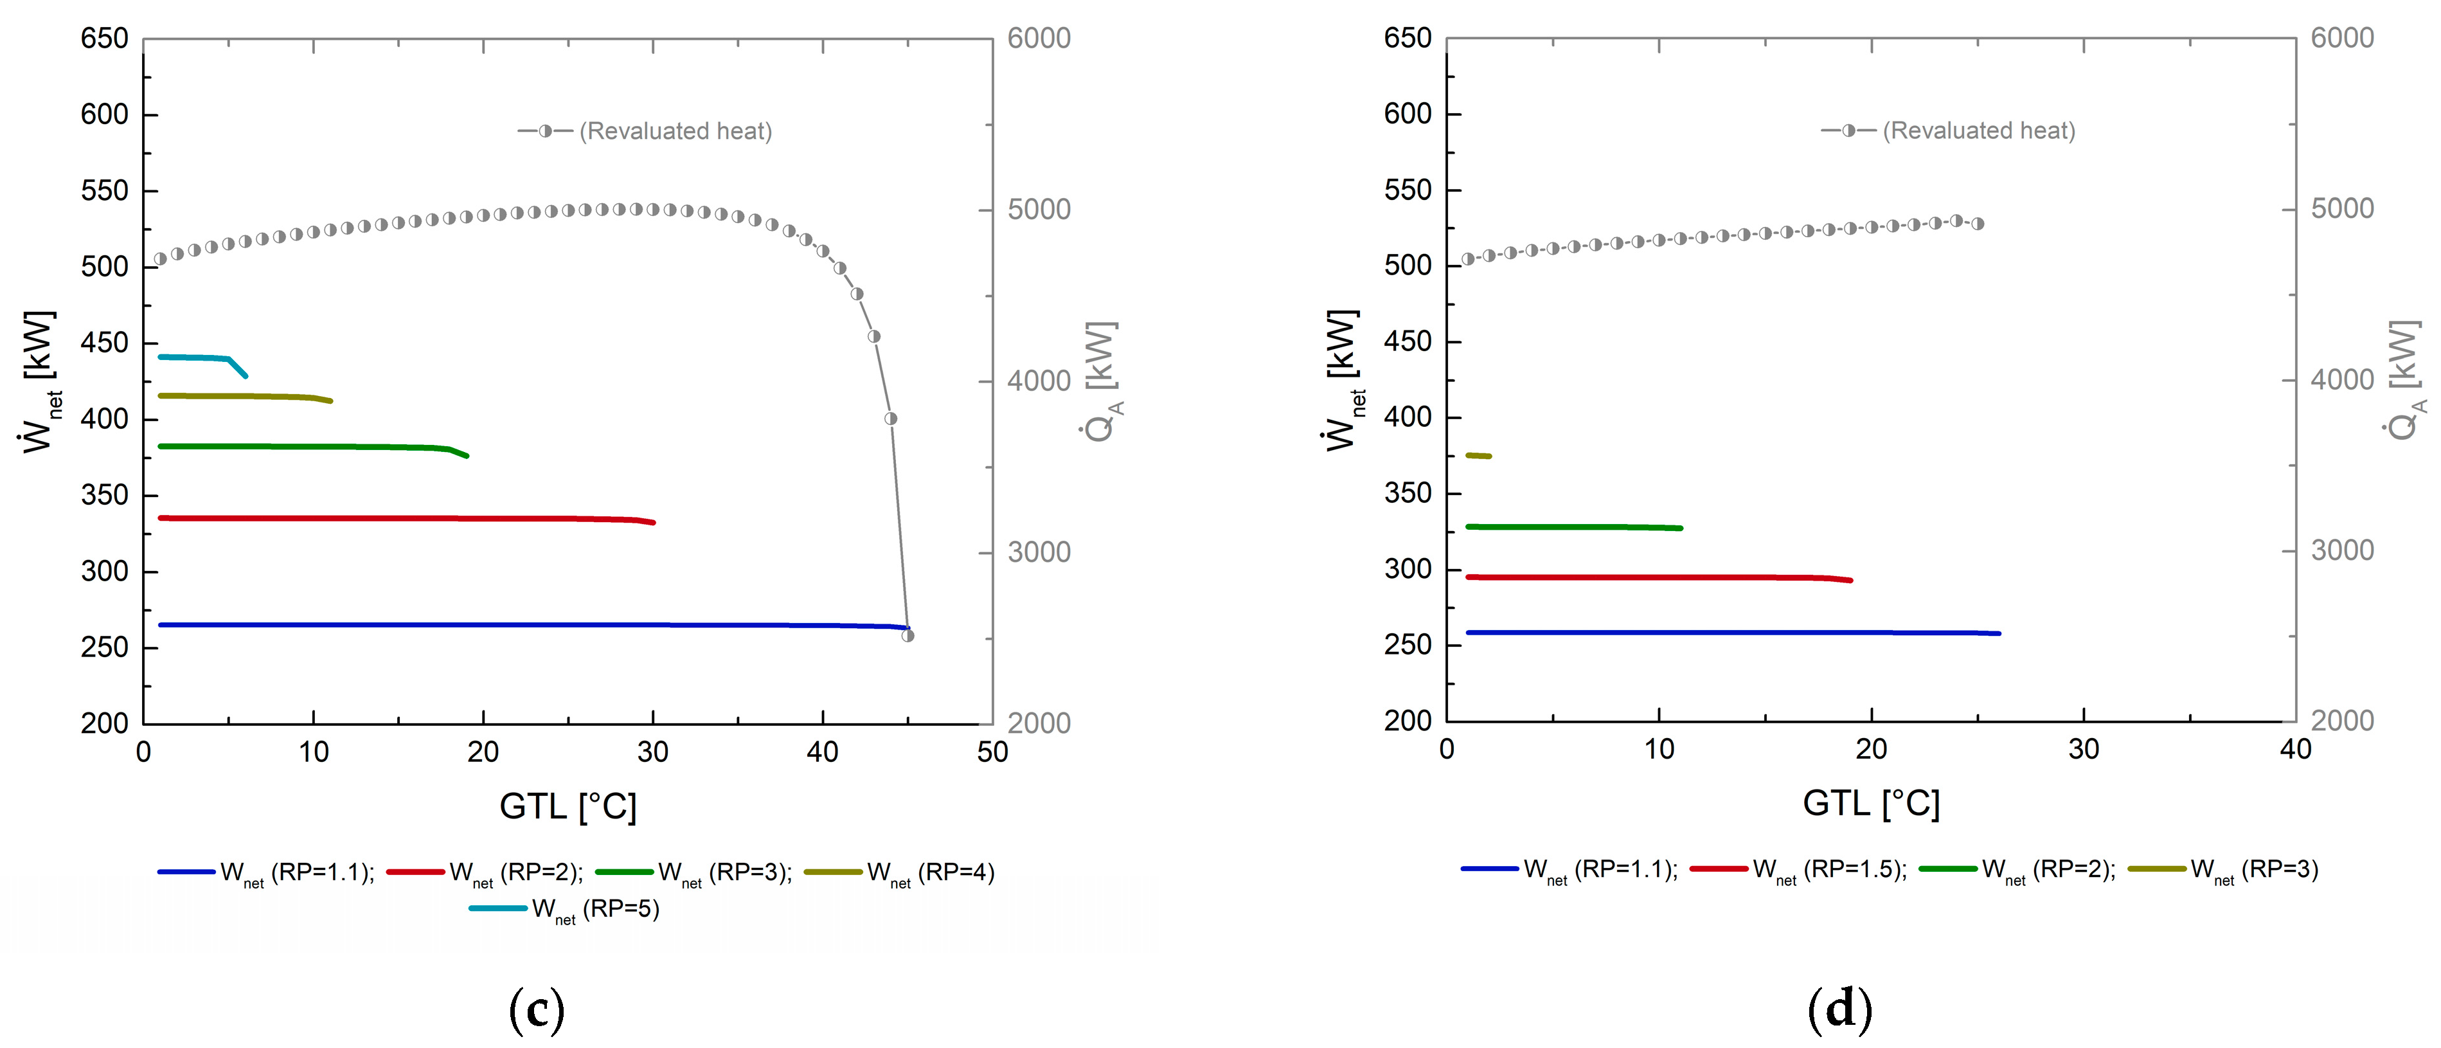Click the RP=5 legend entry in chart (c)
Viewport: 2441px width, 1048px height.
(x=565, y=908)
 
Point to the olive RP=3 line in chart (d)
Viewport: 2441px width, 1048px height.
(x=1478, y=456)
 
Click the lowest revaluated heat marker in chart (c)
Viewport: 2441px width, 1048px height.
(x=908, y=636)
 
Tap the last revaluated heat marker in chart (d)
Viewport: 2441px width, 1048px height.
(x=1978, y=224)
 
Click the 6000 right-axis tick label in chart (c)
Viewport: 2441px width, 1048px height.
(x=1039, y=39)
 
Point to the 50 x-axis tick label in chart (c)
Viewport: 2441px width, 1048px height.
(x=992, y=752)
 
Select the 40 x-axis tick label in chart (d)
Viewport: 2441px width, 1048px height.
(x=2295, y=750)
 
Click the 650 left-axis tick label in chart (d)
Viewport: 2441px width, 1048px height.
(x=1407, y=39)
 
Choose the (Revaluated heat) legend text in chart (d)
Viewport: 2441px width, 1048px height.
(x=1979, y=131)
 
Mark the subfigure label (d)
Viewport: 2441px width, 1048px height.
(x=1840, y=1010)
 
